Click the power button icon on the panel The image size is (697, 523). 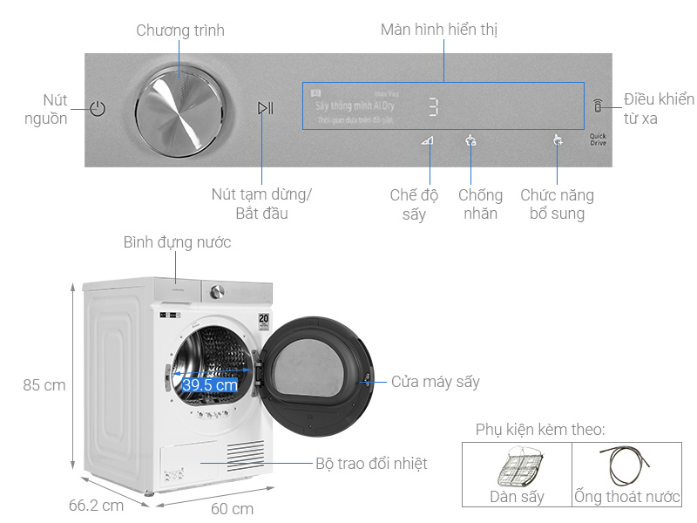click(x=98, y=109)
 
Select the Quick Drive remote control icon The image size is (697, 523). click(x=597, y=107)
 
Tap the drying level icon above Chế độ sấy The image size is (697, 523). click(x=426, y=141)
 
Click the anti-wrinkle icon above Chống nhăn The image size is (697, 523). click(x=470, y=140)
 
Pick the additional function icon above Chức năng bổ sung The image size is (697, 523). click(x=558, y=140)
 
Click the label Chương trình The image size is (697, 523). click(x=180, y=31)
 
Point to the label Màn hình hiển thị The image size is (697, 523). click(x=439, y=30)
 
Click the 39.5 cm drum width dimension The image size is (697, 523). click(x=210, y=384)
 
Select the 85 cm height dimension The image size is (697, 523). click(x=44, y=384)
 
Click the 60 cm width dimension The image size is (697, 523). click(x=232, y=508)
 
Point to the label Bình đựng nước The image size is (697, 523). click(x=177, y=241)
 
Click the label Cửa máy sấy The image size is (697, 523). click(x=435, y=382)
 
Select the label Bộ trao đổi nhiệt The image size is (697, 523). click(x=372, y=464)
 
